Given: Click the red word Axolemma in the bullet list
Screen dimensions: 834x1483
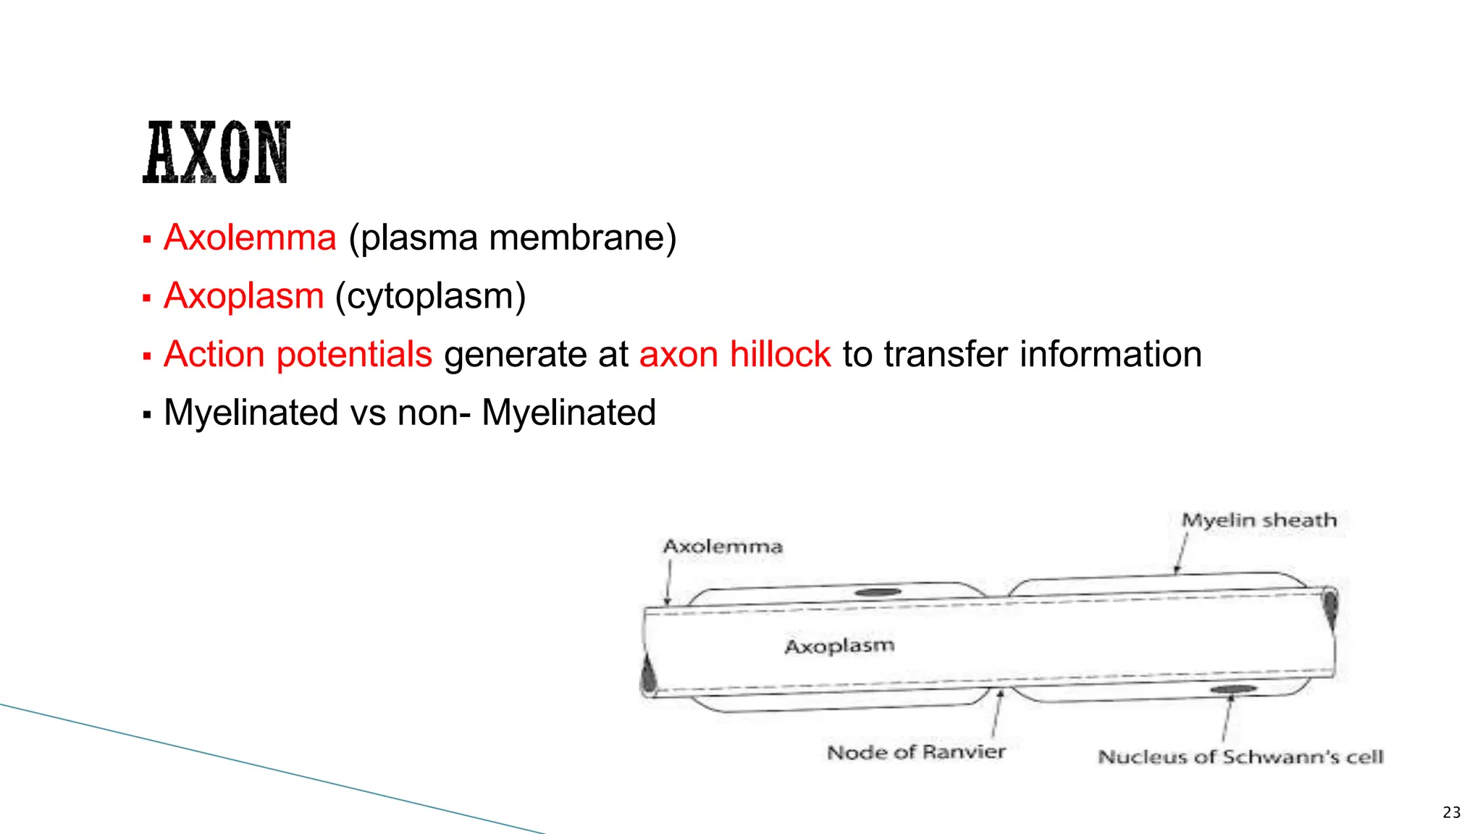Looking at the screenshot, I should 250,237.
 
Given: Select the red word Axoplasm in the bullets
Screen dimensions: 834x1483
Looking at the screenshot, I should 243,296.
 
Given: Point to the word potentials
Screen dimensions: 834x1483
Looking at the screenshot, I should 354,355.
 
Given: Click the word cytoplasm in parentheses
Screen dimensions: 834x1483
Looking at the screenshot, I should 430,297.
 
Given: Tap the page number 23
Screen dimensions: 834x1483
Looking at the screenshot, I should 1451,812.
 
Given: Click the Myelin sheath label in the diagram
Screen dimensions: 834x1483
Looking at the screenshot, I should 1259,520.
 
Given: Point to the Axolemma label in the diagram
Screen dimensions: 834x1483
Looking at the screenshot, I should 723,547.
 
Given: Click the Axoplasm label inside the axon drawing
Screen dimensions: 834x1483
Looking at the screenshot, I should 839,645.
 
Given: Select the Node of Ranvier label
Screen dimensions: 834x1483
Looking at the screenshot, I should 916,752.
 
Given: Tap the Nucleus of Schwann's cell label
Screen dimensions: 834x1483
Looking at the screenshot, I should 1240,757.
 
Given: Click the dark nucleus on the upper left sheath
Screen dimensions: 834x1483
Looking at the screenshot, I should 878,592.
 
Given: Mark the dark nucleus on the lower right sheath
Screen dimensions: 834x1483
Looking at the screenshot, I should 1232,689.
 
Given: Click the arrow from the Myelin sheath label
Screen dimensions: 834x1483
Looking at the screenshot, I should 1181,555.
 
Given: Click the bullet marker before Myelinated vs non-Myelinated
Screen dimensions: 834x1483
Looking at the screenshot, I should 147,415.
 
